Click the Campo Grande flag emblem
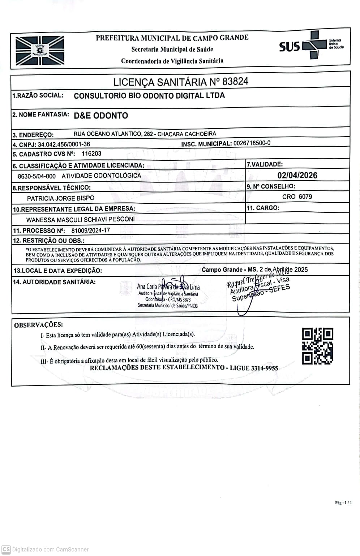(x=40, y=50)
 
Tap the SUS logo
(x=311, y=45)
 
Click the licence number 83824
(x=235, y=81)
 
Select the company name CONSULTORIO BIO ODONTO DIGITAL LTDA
(x=149, y=96)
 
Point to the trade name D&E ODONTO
(x=101, y=116)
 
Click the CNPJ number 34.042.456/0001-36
(x=64, y=144)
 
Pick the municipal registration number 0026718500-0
(x=252, y=143)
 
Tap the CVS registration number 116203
(x=91, y=154)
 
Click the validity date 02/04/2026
(x=297, y=175)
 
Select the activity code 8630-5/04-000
(x=37, y=176)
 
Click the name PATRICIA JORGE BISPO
(x=61, y=198)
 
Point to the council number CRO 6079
(x=297, y=197)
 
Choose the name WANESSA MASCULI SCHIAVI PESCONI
(x=80, y=219)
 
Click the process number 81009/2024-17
(x=91, y=230)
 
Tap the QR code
(x=317, y=346)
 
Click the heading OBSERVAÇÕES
(x=38, y=325)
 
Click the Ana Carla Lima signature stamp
(x=168, y=294)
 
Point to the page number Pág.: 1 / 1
(x=343, y=503)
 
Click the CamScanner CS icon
(x=6, y=549)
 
